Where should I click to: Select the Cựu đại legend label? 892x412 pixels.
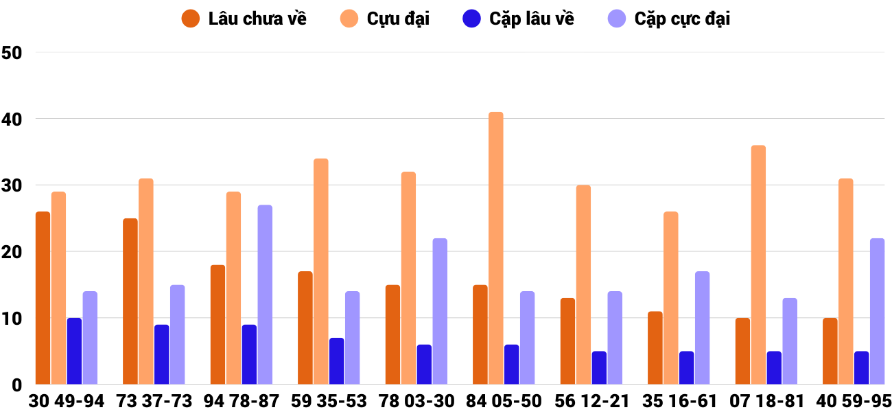click(397, 19)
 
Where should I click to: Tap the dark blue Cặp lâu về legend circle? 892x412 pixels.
click(471, 19)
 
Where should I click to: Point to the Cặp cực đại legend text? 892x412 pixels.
click(681, 19)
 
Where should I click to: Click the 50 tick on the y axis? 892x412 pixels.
click(12, 53)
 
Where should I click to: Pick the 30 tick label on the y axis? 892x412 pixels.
click(12, 186)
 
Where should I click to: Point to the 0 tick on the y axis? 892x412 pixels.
click(16, 386)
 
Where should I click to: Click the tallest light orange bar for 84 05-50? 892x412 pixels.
click(495, 248)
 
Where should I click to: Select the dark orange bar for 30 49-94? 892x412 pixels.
click(43, 298)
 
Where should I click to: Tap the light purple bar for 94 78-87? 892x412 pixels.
click(265, 295)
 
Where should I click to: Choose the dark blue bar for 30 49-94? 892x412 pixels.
click(74, 351)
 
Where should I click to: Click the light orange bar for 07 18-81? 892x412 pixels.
click(758, 265)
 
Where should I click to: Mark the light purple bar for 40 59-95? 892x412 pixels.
click(877, 311)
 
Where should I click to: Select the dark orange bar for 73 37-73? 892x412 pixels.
click(130, 301)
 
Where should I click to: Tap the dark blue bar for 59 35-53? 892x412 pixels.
click(336, 361)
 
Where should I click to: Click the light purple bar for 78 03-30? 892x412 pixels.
click(440, 311)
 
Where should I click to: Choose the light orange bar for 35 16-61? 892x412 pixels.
click(670, 298)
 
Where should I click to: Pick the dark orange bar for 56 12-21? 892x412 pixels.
click(567, 341)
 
